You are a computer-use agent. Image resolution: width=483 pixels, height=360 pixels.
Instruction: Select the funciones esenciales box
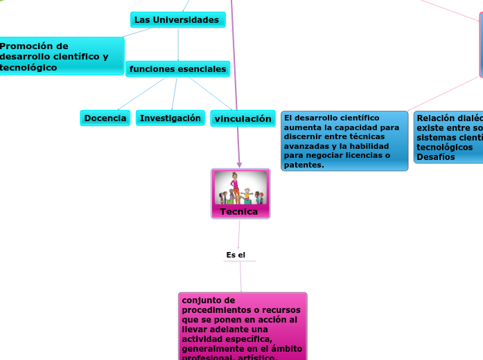pyautogui.click(x=177, y=69)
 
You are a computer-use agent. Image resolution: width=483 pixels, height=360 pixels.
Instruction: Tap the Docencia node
pyautogui.click(x=105, y=118)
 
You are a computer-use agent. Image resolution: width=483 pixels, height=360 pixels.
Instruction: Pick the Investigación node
pyautogui.click(x=170, y=118)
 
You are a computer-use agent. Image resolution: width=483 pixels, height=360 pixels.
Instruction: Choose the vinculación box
pyautogui.click(x=243, y=119)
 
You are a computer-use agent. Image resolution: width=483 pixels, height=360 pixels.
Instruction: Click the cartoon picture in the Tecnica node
pyautogui.click(x=240, y=188)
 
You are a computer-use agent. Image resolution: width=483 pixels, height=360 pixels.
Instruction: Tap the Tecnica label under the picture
pyautogui.click(x=238, y=211)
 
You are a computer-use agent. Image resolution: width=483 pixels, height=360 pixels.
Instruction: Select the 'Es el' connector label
pyautogui.click(x=236, y=255)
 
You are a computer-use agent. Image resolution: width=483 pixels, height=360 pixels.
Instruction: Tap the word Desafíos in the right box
pyautogui.click(x=436, y=157)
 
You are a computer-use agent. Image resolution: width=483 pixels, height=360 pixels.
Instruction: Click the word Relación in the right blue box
pyautogui.click(x=436, y=118)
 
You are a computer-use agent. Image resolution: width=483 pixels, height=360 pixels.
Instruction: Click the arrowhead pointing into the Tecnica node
pyautogui.click(x=239, y=164)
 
